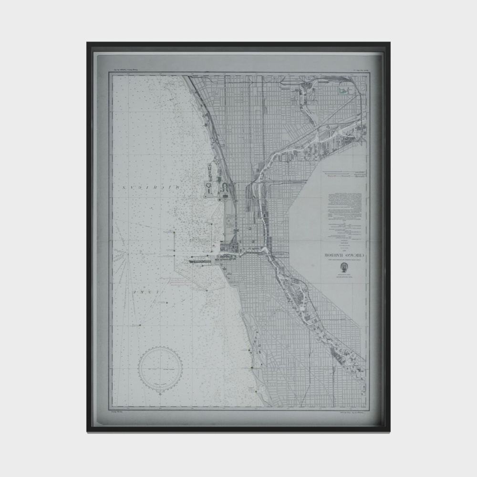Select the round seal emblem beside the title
343,270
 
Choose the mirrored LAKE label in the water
147,291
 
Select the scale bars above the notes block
342,175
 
